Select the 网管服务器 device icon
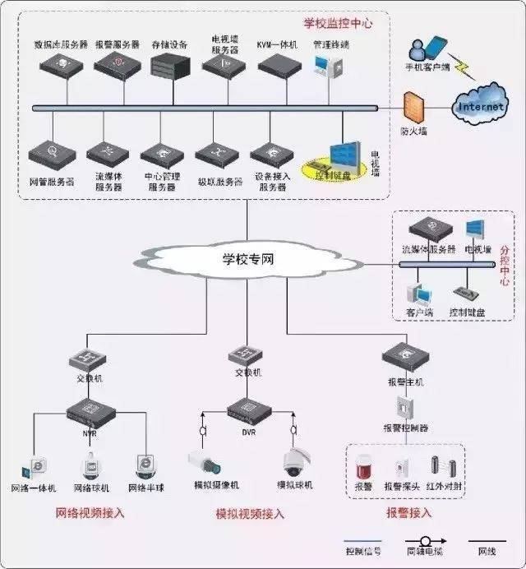52,154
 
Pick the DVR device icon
246,408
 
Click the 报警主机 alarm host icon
406,357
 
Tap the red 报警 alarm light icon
364,470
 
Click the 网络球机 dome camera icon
90,465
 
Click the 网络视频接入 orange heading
90,513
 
